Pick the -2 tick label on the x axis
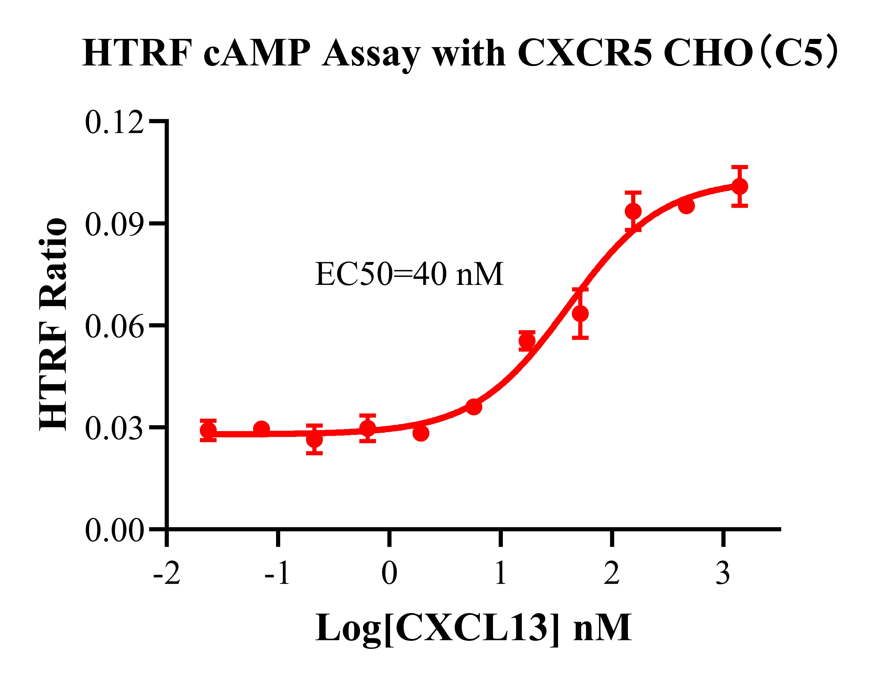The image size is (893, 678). [x=166, y=573]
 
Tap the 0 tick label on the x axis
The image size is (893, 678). [x=389, y=573]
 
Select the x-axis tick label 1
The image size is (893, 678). [x=501, y=573]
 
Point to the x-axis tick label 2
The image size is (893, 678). [x=612, y=573]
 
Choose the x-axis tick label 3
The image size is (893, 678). [x=723, y=573]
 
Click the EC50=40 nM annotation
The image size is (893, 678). [x=409, y=274]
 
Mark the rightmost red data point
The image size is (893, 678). [x=740, y=187]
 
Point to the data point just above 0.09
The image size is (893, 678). [x=633, y=211]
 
